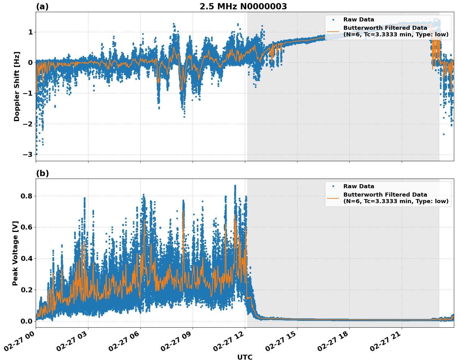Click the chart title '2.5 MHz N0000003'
243,7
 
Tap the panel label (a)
42,7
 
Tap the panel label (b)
42,173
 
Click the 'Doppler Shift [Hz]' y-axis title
17,86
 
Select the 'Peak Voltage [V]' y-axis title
15,253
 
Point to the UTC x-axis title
245,357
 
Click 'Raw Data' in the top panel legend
359,20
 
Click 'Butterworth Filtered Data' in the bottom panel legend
385,195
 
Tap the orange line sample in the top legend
333,31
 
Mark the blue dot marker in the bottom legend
333,186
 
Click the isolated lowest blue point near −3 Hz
36,154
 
